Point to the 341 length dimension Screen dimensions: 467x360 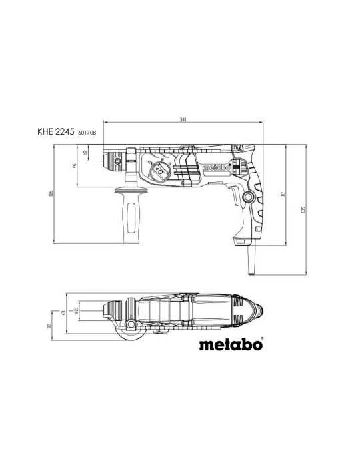tap(182, 120)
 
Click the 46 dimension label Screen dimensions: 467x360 tap(75, 165)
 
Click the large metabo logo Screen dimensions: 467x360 tap(231, 345)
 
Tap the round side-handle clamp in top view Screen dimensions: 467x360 tap(131, 326)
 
